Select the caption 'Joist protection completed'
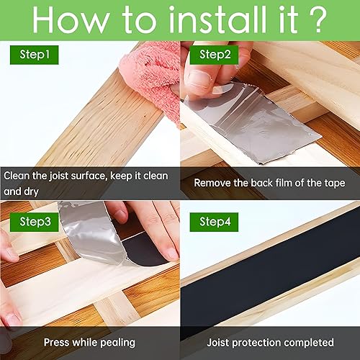click(x=271, y=342)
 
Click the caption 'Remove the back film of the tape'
click(x=270, y=183)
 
